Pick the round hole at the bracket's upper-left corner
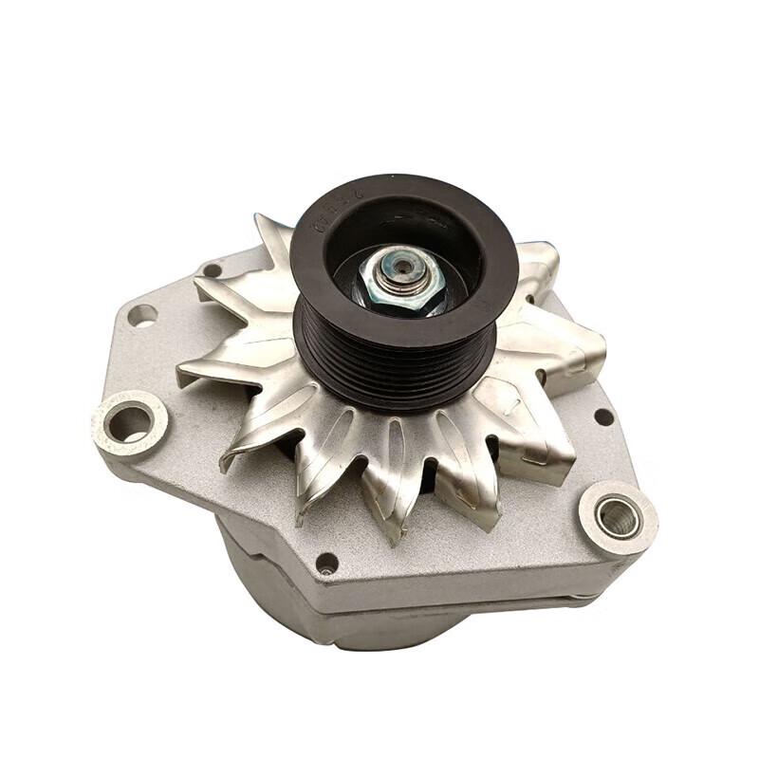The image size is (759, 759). click(x=142, y=314)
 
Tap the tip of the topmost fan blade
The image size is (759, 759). click(x=260, y=220)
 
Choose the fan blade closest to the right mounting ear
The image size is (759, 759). click(x=541, y=455)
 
